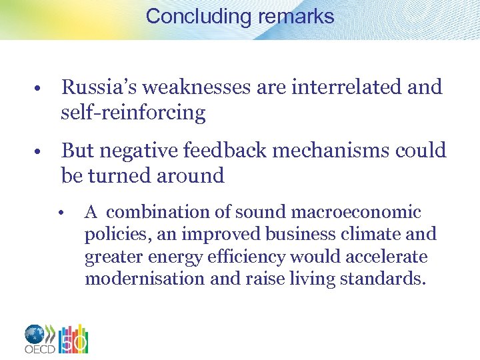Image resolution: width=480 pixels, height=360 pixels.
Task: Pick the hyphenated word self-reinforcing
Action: (133, 113)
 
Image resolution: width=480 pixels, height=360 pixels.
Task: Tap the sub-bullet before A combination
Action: (60, 213)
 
